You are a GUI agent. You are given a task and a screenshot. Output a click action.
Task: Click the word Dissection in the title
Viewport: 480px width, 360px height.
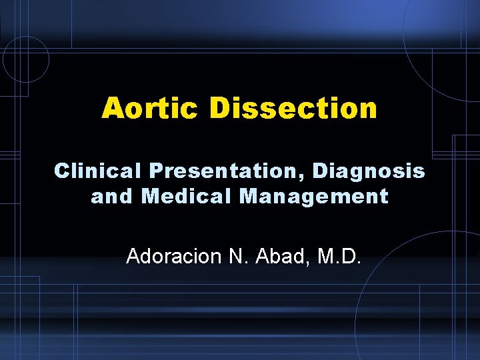pyautogui.click(x=294, y=108)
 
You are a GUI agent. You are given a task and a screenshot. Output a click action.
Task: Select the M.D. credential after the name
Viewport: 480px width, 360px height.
pyautogui.click(x=340, y=256)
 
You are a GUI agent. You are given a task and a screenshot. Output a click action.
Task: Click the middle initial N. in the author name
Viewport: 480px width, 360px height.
pyautogui.click(x=241, y=256)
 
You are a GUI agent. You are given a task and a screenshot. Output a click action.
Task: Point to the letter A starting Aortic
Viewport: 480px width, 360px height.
pyautogui.click(x=111, y=108)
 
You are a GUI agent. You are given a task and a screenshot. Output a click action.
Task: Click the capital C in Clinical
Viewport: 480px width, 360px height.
pyautogui.click(x=61, y=171)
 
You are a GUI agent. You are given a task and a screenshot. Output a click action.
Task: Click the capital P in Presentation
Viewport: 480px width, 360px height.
pyautogui.click(x=156, y=171)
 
